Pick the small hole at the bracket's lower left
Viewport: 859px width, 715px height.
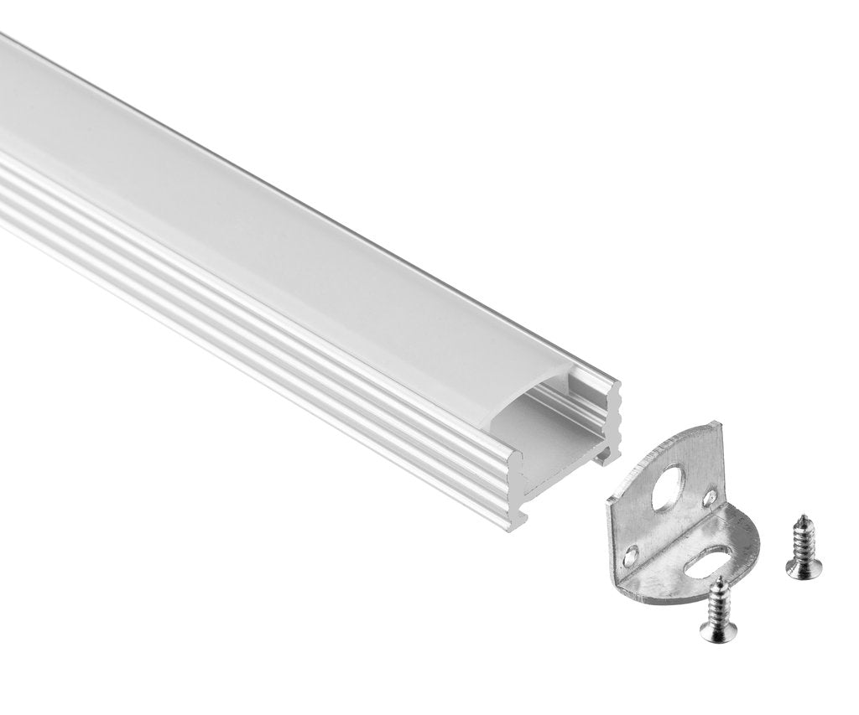point(629,556)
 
